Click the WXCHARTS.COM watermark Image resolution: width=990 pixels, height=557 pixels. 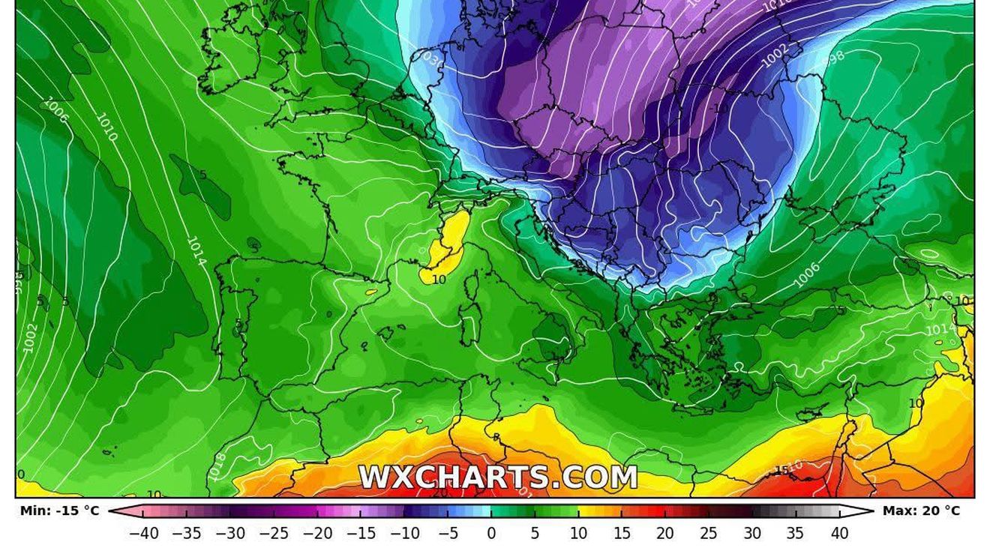click(498, 477)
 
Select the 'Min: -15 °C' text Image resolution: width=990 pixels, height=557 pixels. click(59, 511)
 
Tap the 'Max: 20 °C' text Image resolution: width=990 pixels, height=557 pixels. click(921, 511)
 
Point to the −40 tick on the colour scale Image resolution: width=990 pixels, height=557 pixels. click(143, 534)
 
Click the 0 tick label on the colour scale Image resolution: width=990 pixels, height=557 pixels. click(491, 534)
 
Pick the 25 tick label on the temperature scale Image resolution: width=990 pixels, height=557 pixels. click(708, 534)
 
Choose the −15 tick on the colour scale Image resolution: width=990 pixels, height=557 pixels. click(361, 534)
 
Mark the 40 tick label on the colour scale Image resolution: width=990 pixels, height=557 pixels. click(839, 534)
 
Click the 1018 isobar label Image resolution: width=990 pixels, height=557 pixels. click(217, 464)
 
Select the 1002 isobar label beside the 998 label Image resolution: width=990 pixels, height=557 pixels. click(775, 55)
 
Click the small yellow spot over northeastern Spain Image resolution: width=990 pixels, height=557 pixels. click(370, 289)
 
